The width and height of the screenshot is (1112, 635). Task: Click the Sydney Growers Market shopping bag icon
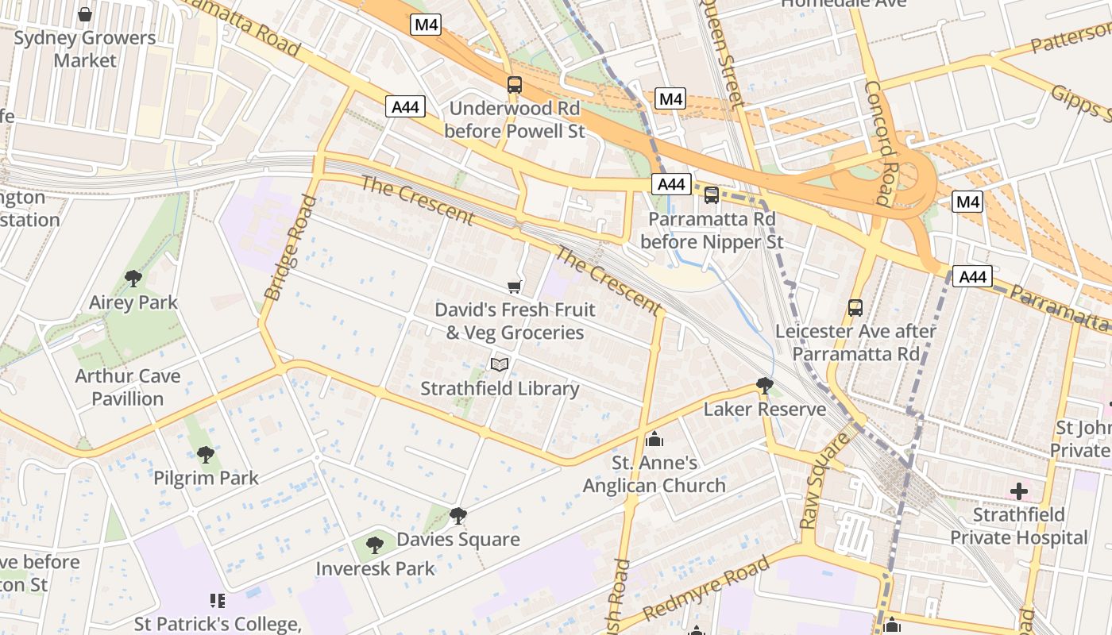coord(85,14)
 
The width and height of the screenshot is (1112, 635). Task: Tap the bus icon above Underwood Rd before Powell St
coord(515,84)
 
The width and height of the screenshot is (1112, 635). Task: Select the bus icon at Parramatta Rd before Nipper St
coord(712,194)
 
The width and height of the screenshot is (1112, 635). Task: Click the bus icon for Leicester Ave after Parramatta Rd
coord(855,307)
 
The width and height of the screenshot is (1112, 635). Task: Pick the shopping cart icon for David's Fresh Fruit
coord(515,287)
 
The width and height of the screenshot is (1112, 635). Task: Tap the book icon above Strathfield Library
coord(500,364)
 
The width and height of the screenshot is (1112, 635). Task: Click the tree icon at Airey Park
coord(133,279)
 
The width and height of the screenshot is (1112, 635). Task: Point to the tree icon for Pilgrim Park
coord(206,454)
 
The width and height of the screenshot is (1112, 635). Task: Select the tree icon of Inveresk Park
coord(375,545)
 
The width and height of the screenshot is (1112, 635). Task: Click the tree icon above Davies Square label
coord(458,516)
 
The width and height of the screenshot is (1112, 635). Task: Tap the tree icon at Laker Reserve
coord(765,386)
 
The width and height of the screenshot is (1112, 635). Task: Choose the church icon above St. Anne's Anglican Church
coord(655,438)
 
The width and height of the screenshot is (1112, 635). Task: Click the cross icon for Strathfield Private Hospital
coord(1019,491)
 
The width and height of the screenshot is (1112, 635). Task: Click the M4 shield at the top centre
coord(427,25)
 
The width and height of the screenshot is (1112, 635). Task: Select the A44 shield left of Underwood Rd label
coord(406,106)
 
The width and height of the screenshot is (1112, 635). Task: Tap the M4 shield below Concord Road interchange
coord(967,202)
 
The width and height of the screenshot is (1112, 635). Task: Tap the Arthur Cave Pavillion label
coord(128,387)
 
